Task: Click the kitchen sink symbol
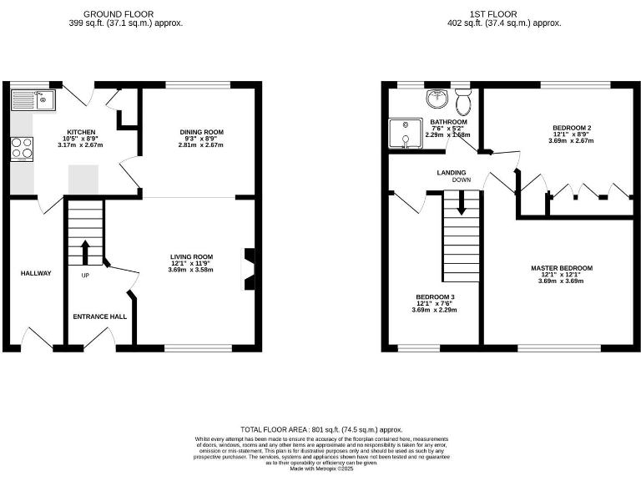30,101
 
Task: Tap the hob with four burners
23,148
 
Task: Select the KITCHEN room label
81,132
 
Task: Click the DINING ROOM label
202,132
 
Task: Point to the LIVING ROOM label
191,256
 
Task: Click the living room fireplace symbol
248,269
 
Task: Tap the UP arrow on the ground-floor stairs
84,251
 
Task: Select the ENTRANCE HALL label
99,316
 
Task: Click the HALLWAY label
36,273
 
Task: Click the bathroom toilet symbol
464,102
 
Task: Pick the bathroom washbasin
436,100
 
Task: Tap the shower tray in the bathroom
405,134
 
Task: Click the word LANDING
452,173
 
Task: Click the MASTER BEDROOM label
561,268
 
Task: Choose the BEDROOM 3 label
435,296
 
